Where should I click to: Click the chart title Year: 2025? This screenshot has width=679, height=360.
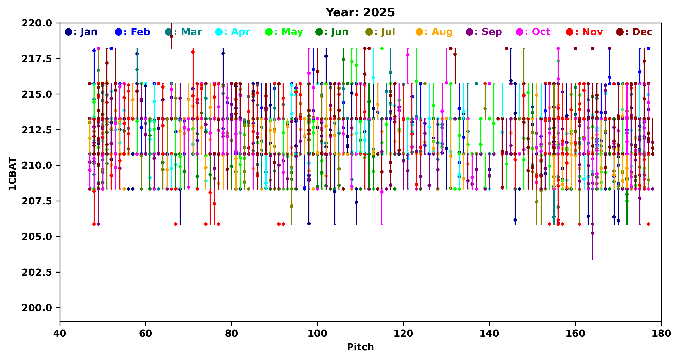360,12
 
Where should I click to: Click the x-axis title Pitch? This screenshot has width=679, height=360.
360,347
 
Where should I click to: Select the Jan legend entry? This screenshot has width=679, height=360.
81,32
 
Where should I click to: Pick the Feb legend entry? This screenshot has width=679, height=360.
132,32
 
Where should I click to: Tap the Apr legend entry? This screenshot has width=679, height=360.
233,32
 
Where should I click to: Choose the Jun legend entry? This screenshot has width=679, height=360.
332,32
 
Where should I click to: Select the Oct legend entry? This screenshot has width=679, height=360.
533,32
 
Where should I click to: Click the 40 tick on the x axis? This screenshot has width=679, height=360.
60,333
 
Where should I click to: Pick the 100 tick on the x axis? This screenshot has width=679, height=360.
317,333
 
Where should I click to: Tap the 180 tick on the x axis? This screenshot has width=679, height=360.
661,333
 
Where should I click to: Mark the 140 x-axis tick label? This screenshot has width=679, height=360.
490,333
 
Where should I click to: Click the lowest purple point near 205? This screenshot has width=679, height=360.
593,233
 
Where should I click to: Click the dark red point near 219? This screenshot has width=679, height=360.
171,36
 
